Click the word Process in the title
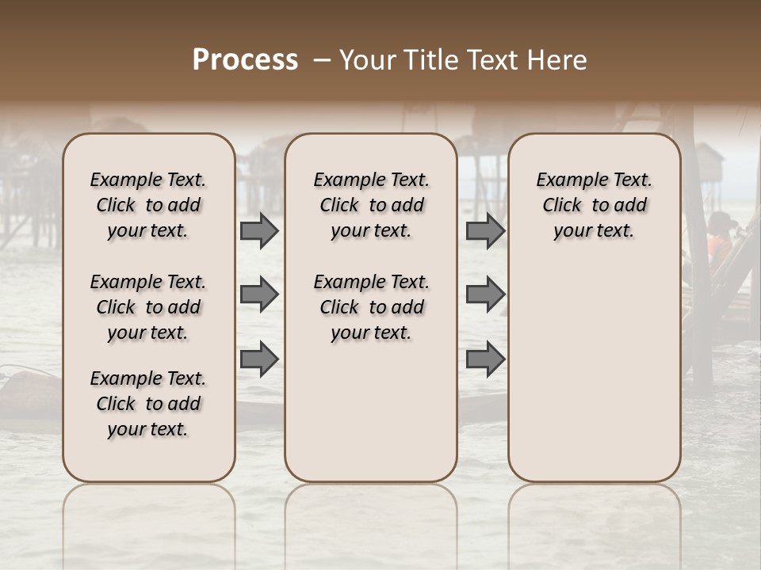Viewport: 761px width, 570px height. pyautogui.click(x=245, y=60)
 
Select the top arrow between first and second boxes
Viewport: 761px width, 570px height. pyautogui.click(x=259, y=230)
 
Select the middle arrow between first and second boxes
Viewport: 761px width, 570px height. pyautogui.click(x=259, y=294)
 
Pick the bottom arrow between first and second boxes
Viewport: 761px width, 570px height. pyautogui.click(x=259, y=359)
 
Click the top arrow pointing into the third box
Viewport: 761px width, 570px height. pyautogui.click(x=485, y=230)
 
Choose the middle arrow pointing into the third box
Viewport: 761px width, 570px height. pyautogui.click(x=485, y=294)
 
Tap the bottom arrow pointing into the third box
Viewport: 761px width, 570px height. pyautogui.click(x=485, y=359)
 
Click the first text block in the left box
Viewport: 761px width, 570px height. pyautogui.click(x=148, y=205)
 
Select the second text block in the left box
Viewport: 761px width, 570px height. pyautogui.click(x=148, y=307)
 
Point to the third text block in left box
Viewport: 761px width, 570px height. pyautogui.click(x=148, y=404)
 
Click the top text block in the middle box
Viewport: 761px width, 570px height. pyautogui.click(x=371, y=205)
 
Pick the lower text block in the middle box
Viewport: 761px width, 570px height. pyautogui.click(x=371, y=307)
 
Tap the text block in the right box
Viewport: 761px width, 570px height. pyautogui.click(x=594, y=205)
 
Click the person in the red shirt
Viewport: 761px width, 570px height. pyautogui.click(x=720, y=241)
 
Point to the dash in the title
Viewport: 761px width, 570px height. pyautogui.click(x=321, y=60)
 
